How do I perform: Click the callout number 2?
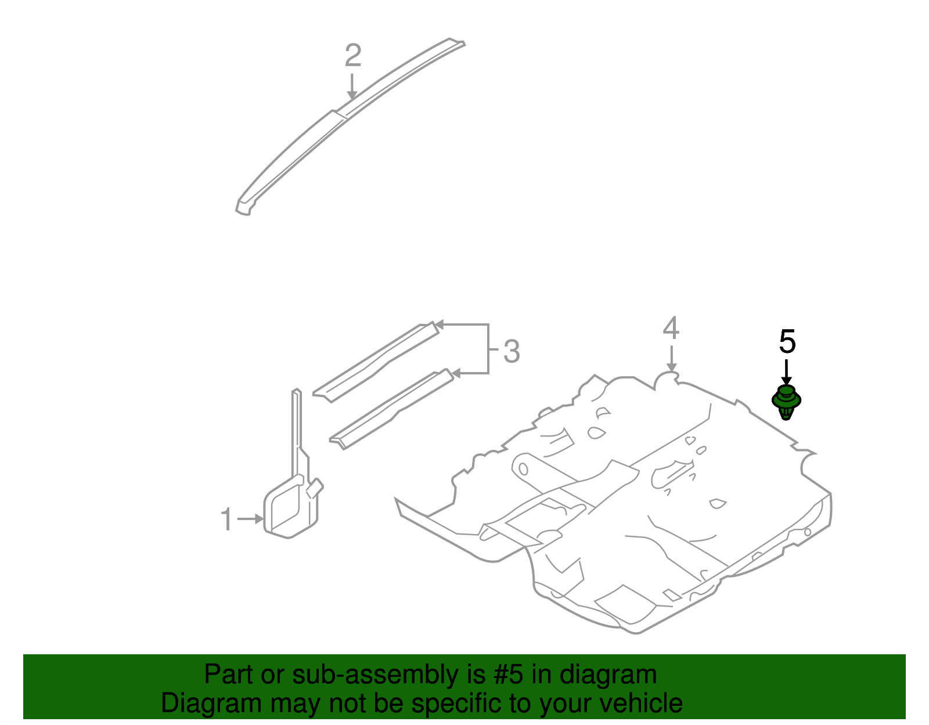[353, 56]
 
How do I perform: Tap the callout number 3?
[511, 352]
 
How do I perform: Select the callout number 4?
[671, 329]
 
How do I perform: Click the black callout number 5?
[787, 342]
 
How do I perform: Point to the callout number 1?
[227, 520]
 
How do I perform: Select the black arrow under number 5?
[786, 371]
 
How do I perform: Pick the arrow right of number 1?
[251, 519]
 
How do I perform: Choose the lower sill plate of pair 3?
[392, 410]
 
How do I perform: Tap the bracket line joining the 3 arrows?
[488, 348]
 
